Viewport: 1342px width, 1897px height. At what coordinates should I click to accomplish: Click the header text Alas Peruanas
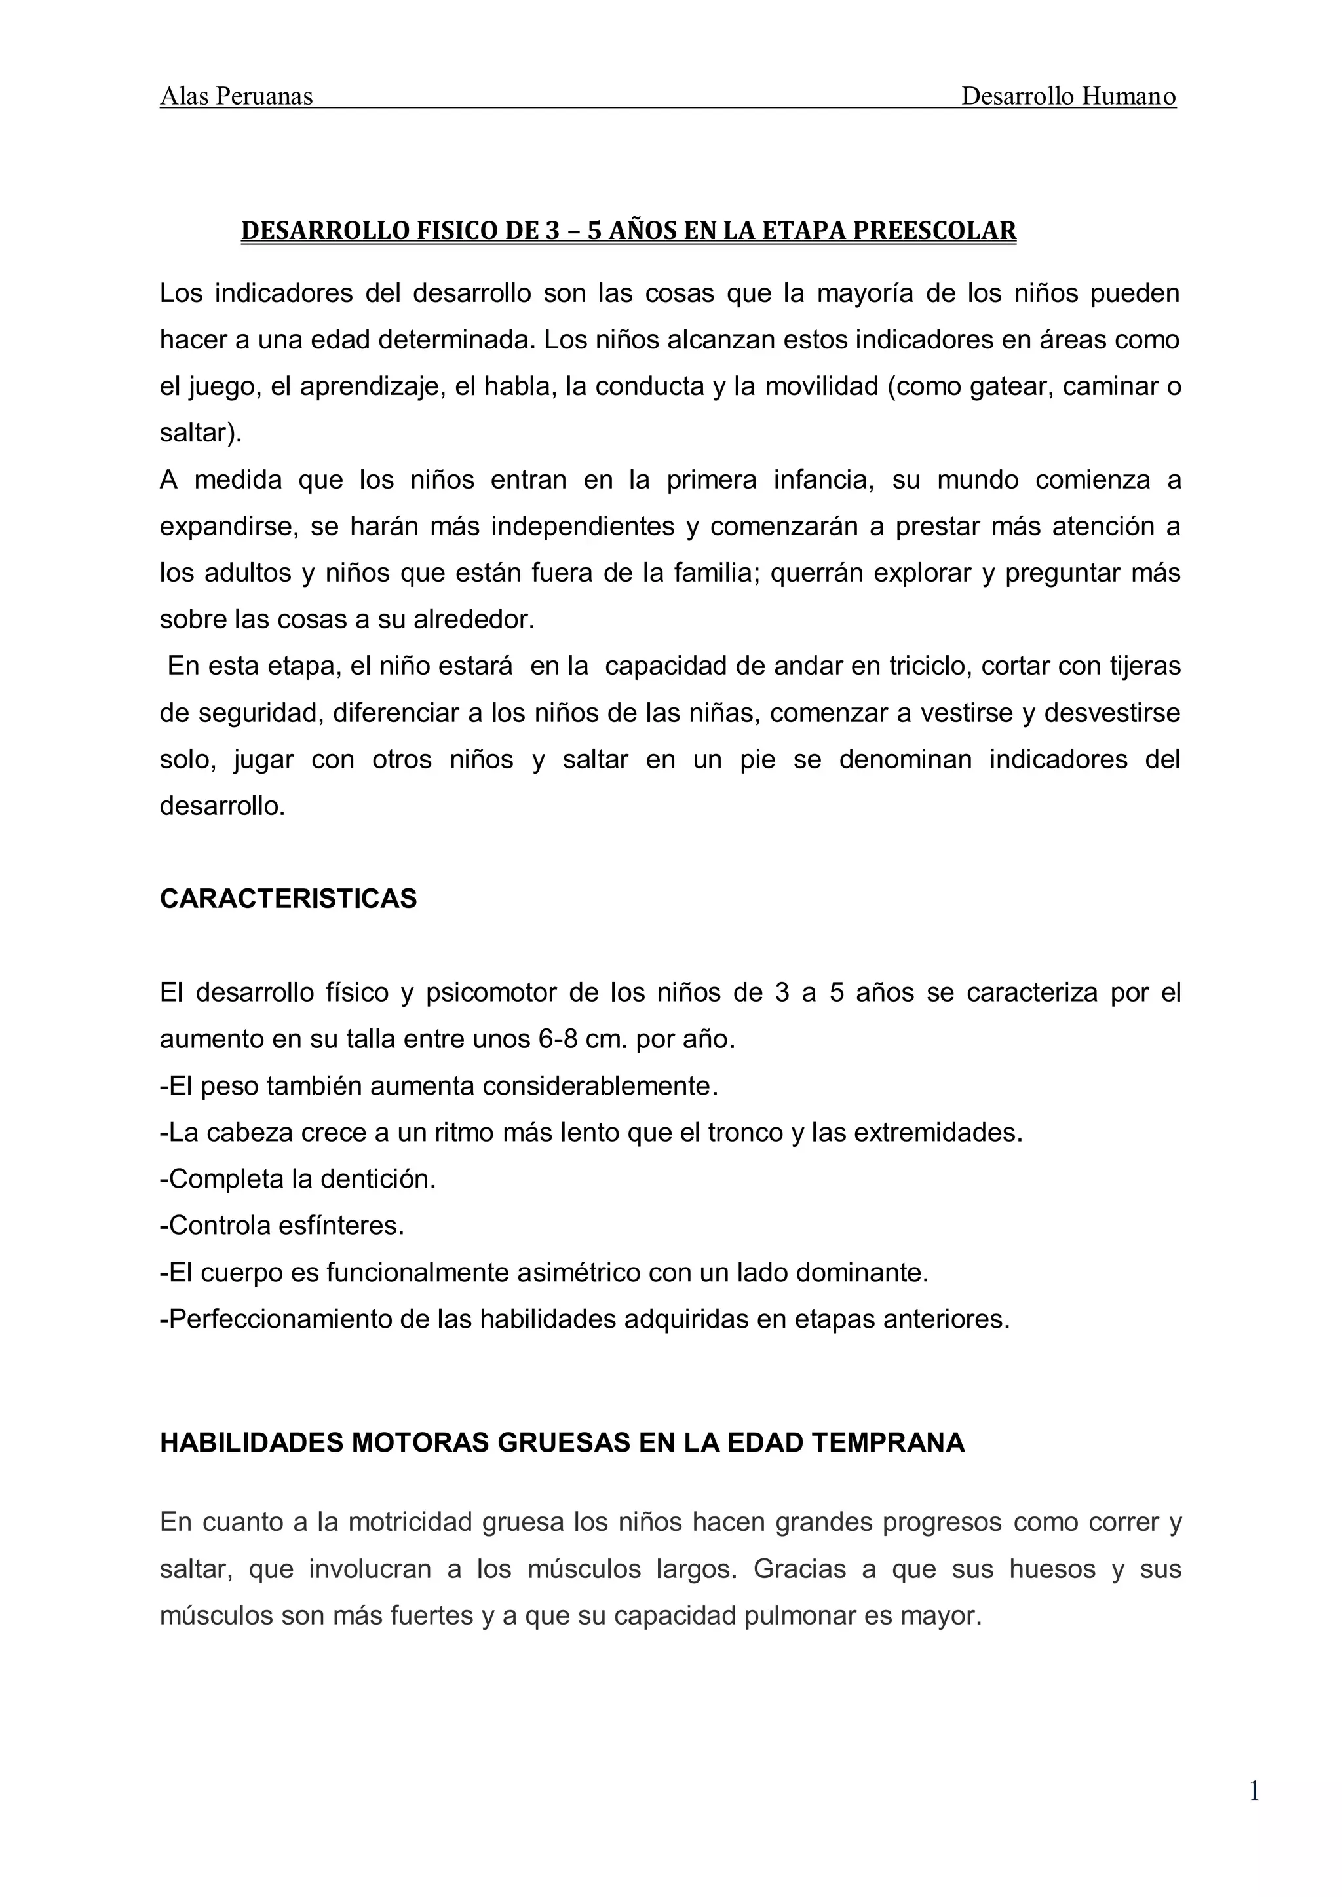[x=237, y=97]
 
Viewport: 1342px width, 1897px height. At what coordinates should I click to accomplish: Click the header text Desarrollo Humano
[x=1067, y=97]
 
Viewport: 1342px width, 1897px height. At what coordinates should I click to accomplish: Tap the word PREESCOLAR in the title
[x=934, y=231]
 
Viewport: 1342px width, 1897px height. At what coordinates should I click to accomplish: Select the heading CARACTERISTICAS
[x=288, y=898]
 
